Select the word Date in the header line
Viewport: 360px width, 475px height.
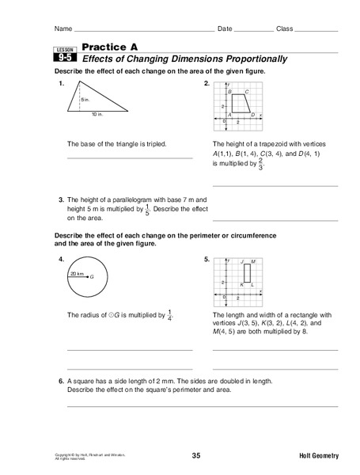225,29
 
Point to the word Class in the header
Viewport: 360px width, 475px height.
284,29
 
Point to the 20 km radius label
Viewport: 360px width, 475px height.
75,273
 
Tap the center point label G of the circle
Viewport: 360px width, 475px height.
93,277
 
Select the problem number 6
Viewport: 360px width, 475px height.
61,381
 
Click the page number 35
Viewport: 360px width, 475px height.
196,454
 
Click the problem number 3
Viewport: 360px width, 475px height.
61,198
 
